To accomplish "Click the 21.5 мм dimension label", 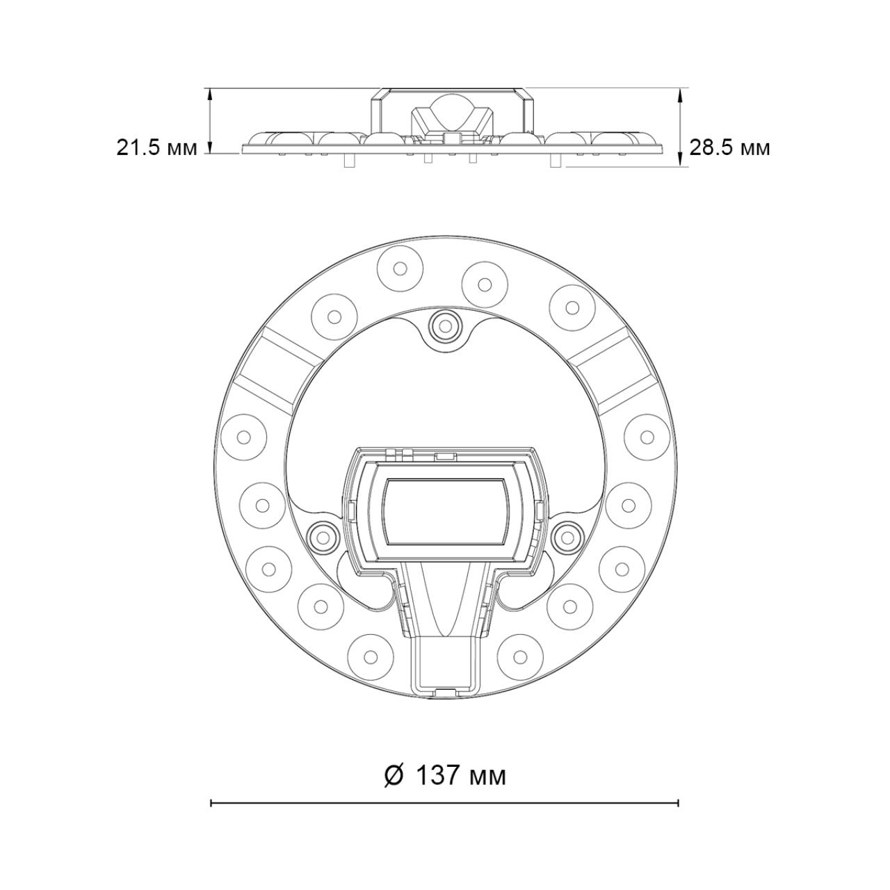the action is coord(156,148).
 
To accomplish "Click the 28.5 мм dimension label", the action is coord(730,148).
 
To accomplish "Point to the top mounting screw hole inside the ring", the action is coord(445,326).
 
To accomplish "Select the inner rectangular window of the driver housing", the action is coord(445,512).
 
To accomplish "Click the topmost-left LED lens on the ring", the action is coord(400,268).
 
